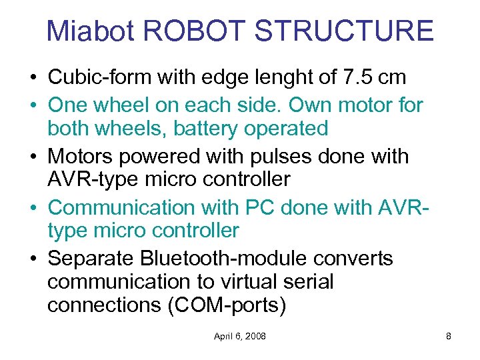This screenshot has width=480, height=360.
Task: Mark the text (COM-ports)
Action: pos(225,307)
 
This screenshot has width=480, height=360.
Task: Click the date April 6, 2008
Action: pos(239,336)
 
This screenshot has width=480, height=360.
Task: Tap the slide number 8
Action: pos(449,336)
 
